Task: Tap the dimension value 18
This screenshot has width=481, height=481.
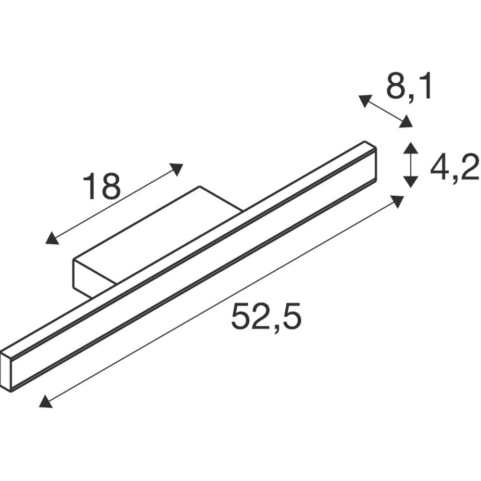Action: click(101, 186)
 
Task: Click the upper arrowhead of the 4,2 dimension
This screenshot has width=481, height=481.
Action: click(410, 148)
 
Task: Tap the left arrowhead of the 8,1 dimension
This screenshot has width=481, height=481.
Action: click(365, 101)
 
